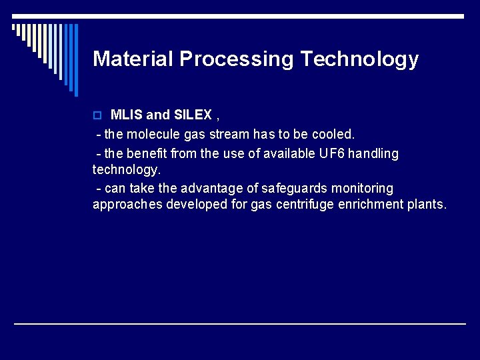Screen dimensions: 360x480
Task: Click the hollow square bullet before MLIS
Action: [97, 115]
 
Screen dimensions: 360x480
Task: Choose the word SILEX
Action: [193, 115]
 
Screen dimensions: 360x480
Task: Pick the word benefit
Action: [147, 153]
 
